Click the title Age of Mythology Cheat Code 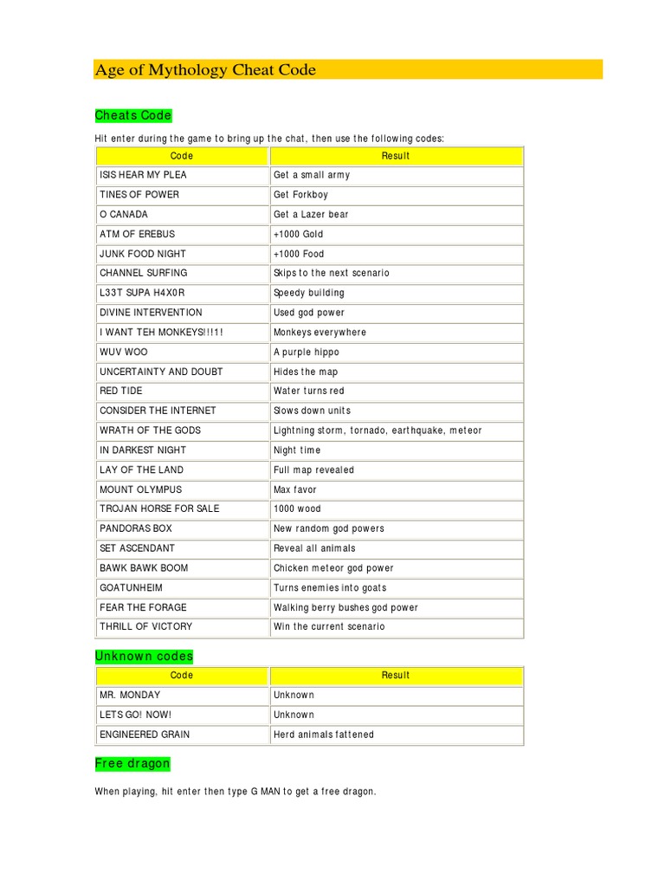point(205,70)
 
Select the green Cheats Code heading point(133,115)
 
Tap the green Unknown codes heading point(144,656)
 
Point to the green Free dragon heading point(132,763)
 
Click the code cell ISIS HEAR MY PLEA point(143,175)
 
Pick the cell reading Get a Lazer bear point(311,214)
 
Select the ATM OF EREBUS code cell point(137,234)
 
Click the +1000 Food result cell point(299,254)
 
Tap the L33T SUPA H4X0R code point(142,293)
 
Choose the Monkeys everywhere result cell point(320,333)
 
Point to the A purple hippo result point(307,353)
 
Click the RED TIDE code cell point(121,391)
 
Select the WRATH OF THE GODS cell point(150,431)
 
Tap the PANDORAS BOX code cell point(136,528)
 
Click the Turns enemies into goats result point(330,587)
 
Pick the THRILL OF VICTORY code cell point(146,626)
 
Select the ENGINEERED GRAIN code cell point(145,735)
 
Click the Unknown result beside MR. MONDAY point(294,695)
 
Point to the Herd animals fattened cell point(324,735)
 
